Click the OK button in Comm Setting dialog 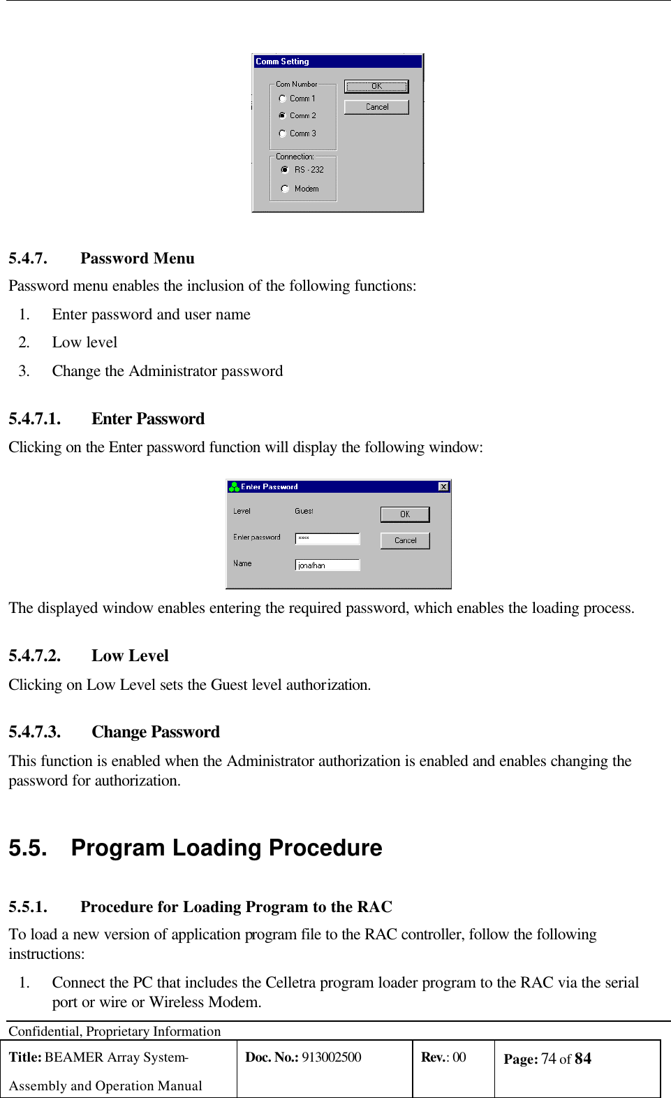point(376,87)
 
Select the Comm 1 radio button point(283,99)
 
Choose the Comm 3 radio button point(283,133)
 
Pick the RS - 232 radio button point(285,170)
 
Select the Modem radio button point(285,189)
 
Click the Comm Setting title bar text point(282,62)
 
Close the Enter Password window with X point(443,486)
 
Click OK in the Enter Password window point(405,514)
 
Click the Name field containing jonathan point(327,565)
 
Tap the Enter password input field point(327,538)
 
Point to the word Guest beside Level point(304,511)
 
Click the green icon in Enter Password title point(234,486)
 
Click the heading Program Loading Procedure point(226,848)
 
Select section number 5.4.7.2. point(35,656)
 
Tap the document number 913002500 point(332,1057)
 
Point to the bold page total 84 point(583,1059)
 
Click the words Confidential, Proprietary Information point(115,1031)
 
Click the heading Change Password point(155,732)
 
